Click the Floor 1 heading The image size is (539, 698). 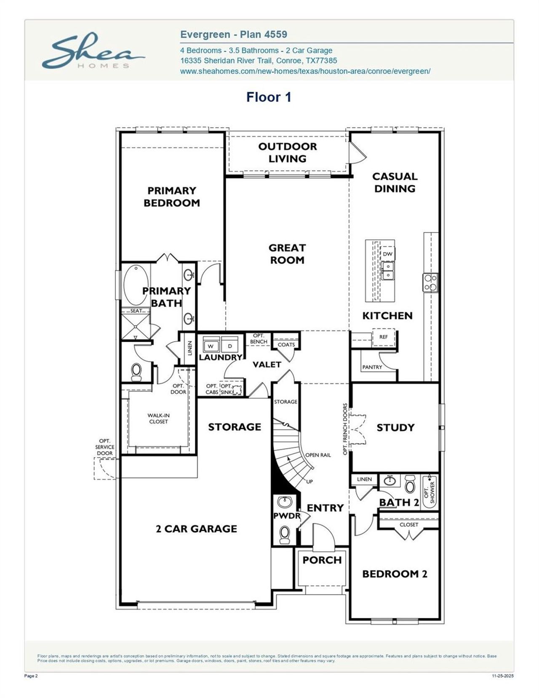269,97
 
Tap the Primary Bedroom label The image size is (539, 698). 171,197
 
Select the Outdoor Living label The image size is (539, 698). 287,152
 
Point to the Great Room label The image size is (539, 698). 287,254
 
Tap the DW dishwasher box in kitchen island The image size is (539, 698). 387,254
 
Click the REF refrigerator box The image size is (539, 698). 383,337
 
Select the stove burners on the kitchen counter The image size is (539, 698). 430,282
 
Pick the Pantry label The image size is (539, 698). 372,367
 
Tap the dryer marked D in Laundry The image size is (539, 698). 230,346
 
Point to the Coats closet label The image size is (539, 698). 286,344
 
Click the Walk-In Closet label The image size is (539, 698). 158,418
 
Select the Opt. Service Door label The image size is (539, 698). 104,447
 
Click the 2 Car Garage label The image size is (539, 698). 196,529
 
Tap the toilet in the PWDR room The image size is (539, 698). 285,533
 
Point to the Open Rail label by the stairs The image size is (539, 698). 318,455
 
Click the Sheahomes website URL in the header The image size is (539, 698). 305,71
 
